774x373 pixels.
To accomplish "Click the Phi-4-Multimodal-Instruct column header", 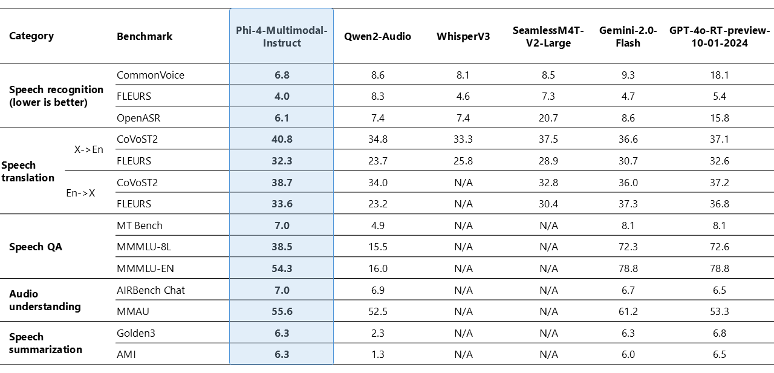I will tap(282, 36).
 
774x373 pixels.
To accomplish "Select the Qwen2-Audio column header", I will tap(377, 36).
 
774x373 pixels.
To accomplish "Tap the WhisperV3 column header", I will tap(463, 36).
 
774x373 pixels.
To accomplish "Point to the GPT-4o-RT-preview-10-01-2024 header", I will tap(720, 36).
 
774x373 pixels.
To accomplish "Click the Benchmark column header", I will tap(145, 36).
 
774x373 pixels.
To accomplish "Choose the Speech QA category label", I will tap(36, 247).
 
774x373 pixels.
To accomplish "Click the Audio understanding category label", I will tap(45, 300).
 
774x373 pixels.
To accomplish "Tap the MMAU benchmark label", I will tap(132, 311).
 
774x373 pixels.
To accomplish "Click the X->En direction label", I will tap(89, 150).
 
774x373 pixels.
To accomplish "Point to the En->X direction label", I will tap(80, 193).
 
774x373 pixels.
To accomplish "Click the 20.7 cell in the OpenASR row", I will tap(548, 118).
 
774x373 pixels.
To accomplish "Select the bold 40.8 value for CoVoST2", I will tap(282, 139).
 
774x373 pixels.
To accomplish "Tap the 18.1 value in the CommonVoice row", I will tap(720, 75).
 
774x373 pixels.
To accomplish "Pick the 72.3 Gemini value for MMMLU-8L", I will tap(628, 247).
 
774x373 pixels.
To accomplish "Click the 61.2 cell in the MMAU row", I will tap(628, 311).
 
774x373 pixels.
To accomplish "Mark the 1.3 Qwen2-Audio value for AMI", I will tap(377, 354).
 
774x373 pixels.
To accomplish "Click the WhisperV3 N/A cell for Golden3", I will tap(463, 333).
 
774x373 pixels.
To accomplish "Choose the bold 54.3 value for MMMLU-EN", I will tap(282, 268).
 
